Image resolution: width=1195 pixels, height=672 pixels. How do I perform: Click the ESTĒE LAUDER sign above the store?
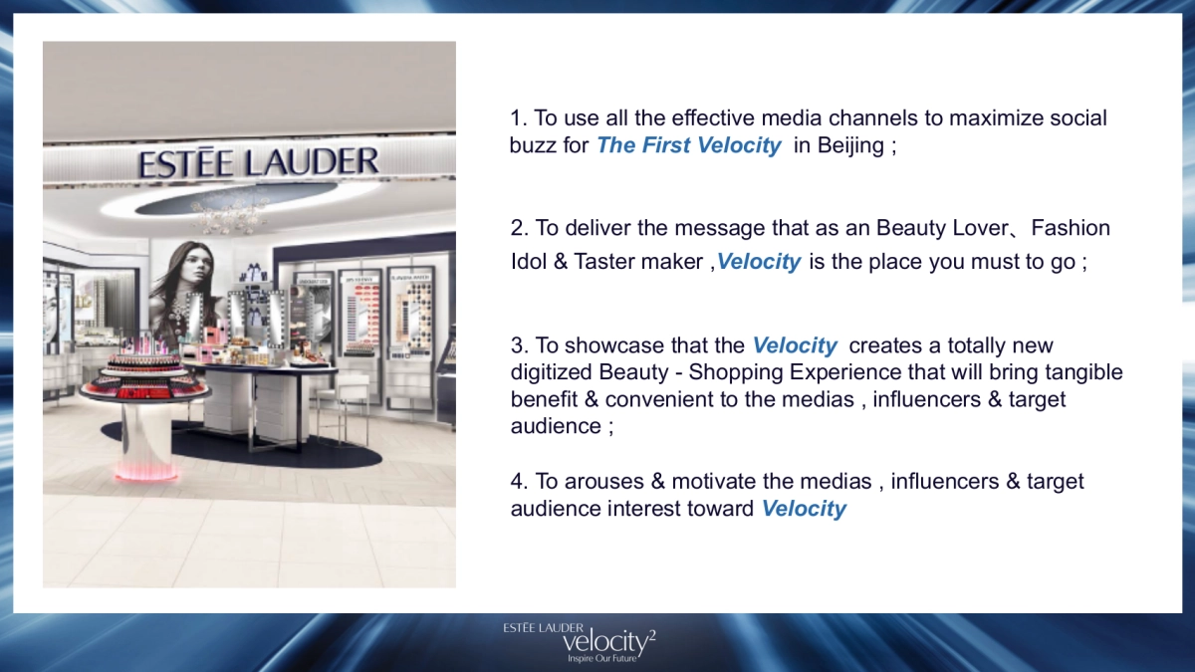point(259,162)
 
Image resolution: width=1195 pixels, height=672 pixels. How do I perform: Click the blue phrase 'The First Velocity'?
point(688,145)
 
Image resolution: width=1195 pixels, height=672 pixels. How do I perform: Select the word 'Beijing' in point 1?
point(851,145)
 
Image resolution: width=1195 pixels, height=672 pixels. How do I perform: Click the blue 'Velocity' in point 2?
point(759,262)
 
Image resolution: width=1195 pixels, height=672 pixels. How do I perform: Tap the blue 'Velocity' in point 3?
point(795,345)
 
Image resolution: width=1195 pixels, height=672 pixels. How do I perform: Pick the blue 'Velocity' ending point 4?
point(804,509)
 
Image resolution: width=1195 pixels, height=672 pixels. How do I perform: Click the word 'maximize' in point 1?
point(993,118)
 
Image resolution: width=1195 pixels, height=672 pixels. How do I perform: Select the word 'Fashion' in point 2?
point(1071,228)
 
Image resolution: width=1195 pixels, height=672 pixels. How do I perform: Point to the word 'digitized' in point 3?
point(551,372)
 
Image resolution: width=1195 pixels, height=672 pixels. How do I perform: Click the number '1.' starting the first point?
point(519,118)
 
